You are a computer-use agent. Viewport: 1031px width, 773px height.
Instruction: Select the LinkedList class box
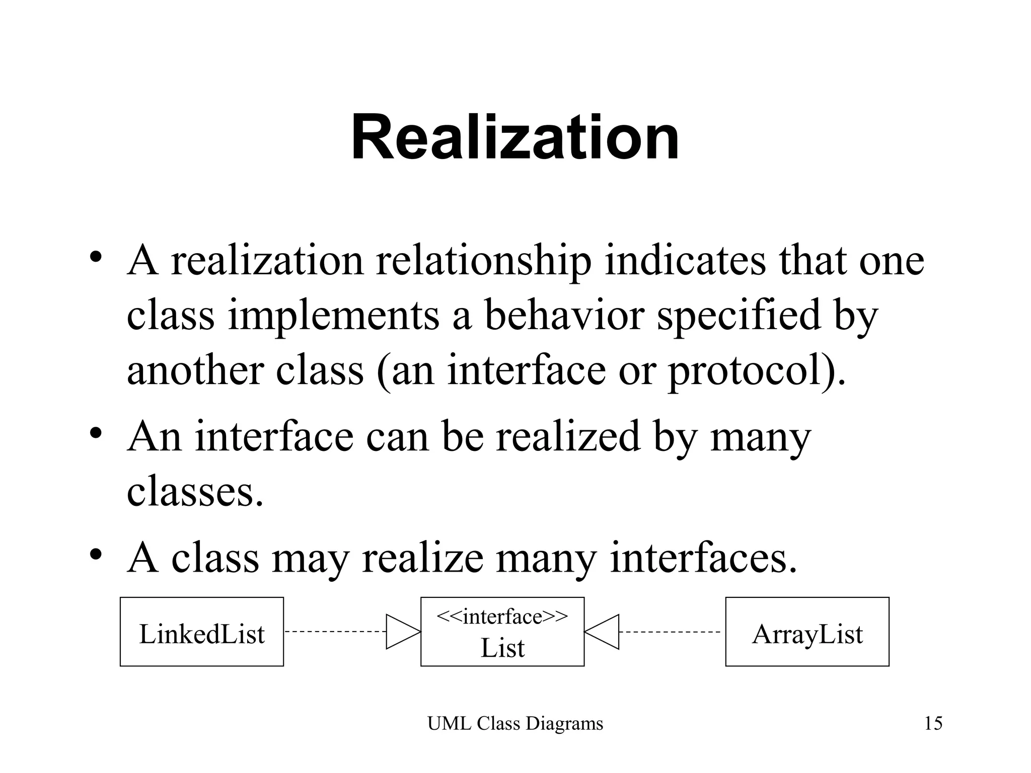tap(202, 632)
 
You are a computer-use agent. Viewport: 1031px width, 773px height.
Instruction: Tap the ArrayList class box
tap(807, 632)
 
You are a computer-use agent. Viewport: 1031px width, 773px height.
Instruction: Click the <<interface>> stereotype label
tap(502, 616)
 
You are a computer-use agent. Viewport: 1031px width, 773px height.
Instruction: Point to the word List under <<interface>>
tap(502, 648)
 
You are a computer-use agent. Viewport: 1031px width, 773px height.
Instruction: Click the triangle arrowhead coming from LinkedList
tap(402, 632)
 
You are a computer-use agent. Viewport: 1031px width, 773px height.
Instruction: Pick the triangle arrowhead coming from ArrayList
tap(603, 632)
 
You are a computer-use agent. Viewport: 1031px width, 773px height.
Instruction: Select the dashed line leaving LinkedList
tap(335, 632)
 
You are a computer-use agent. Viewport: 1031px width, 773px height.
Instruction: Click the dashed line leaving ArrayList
tap(670, 632)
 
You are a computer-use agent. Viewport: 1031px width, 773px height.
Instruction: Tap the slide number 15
tap(933, 724)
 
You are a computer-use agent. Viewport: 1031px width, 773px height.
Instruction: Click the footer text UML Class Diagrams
tap(515, 724)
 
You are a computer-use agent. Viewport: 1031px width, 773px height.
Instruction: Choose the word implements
tap(334, 316)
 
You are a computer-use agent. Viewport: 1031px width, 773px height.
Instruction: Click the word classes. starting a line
tap(195, 492)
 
